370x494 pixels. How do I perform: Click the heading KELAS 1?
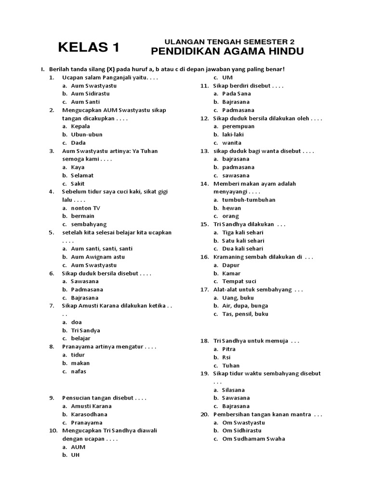[x=88, y=47]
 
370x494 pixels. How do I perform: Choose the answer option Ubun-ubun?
[x=87, y=135]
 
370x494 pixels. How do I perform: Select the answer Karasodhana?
[x=89, y=414]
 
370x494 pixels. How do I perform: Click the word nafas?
[x=79, y=371]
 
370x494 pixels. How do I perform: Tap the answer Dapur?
[x=231, y=265]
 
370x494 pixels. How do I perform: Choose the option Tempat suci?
[x=239, y=281]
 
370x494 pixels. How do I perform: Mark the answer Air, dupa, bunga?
[x=245, y=305]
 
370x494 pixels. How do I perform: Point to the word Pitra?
[x=229, y=349]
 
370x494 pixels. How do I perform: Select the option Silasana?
[x=234, y=390]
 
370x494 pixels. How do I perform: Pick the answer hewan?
[x=231, y=208]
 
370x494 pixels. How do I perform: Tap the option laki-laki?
[x=232, y=135]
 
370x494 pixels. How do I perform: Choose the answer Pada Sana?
[x=237, y=94]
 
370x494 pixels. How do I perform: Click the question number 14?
[x=204, y=184]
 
